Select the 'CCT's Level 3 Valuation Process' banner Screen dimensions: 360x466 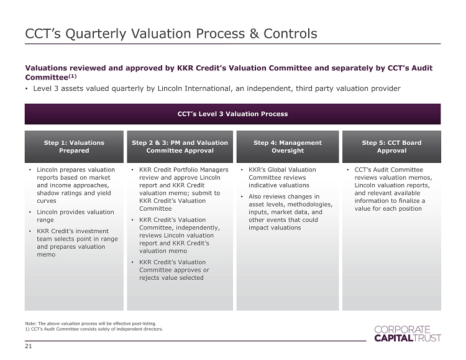[x=232, y=114]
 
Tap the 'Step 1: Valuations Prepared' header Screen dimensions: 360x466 [x=74, y=147]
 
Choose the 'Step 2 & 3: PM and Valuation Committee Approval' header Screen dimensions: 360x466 [x=180, y=147]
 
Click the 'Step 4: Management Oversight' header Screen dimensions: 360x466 [x=288, y=147]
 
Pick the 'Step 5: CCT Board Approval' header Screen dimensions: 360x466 [x=391, y=147]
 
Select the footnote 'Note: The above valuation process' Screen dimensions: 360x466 [x=91, y=323]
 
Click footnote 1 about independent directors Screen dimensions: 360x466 [x=94, y=329]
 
